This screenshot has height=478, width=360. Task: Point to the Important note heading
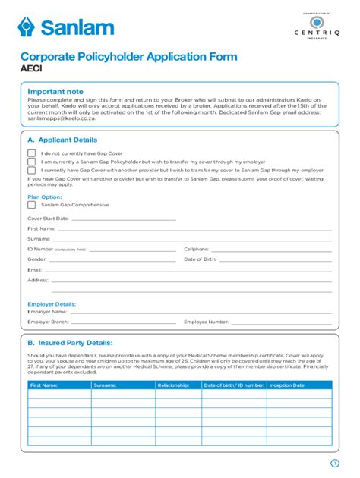[x=56, y=92]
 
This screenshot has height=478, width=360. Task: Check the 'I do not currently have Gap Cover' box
[x=32, y=153]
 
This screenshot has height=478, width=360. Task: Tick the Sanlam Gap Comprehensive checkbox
[x=32, y=205]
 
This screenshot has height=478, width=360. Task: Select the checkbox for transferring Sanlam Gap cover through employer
[x=32, y=162]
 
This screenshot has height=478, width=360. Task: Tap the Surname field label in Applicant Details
[x=39, y=238]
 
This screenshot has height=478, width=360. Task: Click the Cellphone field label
[x=196, y=249]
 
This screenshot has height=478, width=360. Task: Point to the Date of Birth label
[x=201, y=259]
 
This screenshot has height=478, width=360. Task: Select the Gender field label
[x=37, y=259]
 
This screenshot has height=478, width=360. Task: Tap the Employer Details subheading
[x=52, y=303]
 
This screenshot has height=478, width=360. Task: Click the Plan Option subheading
[x=45, y=196]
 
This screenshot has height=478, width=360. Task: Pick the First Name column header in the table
[x=44, y=385]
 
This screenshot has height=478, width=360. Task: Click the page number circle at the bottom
[x=334, y=463]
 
